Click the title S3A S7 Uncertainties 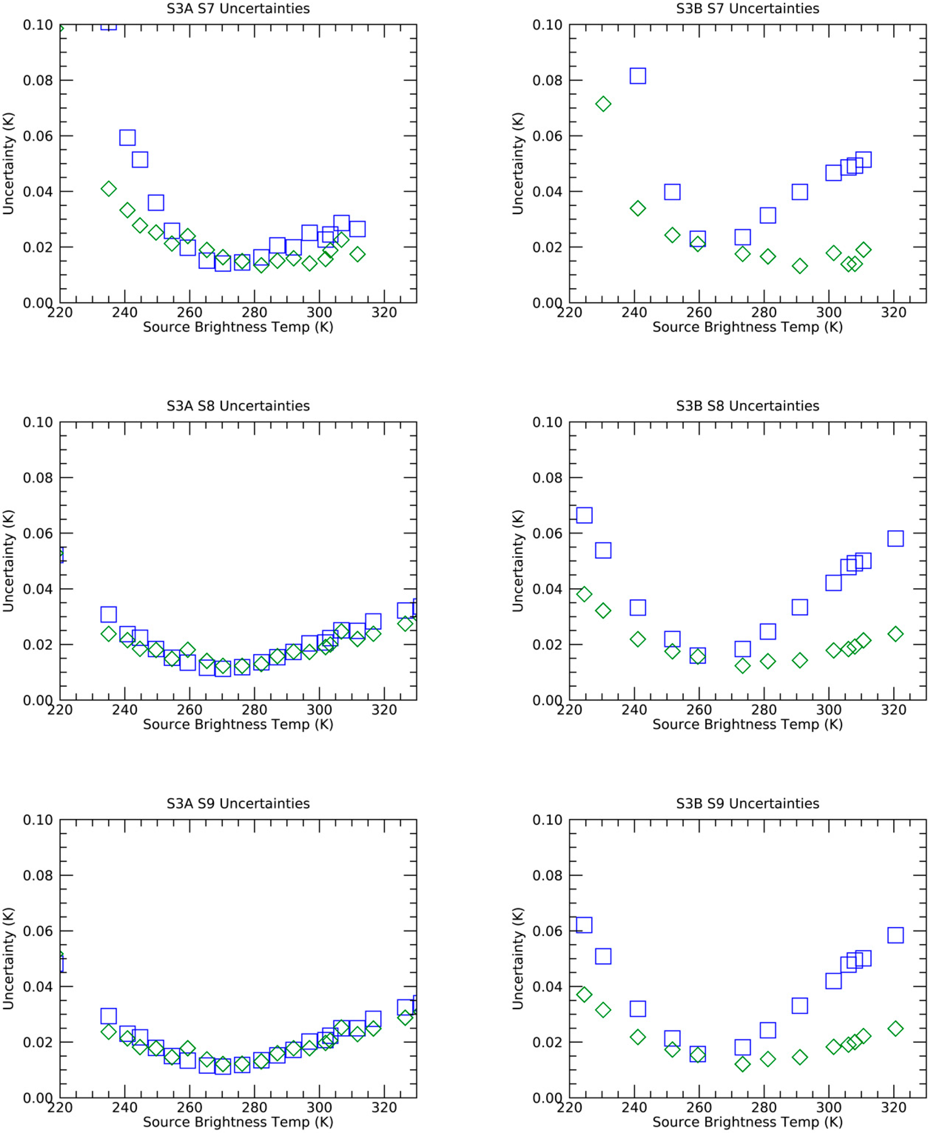238,9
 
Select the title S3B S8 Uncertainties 748,406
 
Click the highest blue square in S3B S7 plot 637,76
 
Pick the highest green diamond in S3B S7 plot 603,104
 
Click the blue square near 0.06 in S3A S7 127,138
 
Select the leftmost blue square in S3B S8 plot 584,515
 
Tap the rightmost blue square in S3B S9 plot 895,935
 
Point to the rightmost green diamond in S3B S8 895,634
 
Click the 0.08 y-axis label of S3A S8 37,478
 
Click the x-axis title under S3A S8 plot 238,725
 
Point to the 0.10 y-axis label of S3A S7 37,25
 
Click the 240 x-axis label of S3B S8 634,710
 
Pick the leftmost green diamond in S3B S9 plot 584,994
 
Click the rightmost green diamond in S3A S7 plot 358,254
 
